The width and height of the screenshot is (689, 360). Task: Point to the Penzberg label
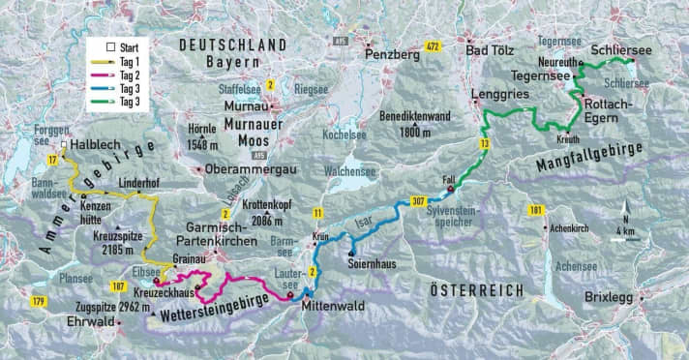point(393,55)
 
